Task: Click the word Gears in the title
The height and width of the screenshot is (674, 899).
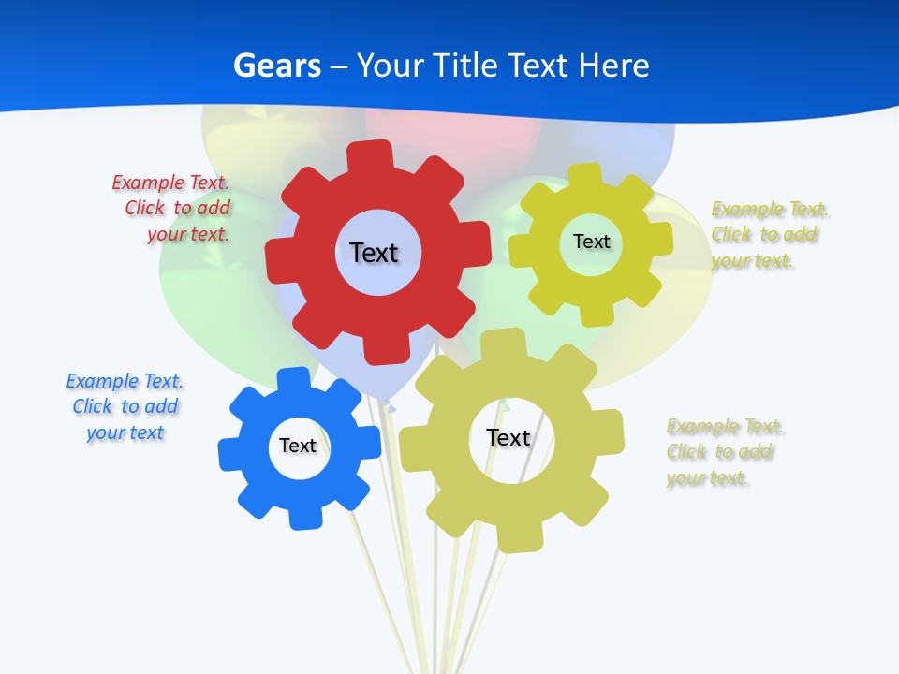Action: [x=276, y=66]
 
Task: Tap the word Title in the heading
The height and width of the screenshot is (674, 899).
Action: [x=465, y=66]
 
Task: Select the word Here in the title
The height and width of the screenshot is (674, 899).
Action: [x=613, y=66]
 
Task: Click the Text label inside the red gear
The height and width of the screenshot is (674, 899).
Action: [x=374, y=253]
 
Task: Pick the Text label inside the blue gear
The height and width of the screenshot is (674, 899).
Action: [x=298, y=446]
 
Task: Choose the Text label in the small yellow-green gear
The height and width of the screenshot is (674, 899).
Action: [x=591, y=242]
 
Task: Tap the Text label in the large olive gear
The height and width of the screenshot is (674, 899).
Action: [x=508, y=437]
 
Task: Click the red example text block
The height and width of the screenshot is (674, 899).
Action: [x=172, y=208]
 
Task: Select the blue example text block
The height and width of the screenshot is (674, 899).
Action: [x=125, y=406]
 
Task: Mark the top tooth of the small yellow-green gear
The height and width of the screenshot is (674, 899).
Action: [x=584, y=175]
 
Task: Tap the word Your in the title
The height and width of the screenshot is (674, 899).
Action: [x=391, y=66]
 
